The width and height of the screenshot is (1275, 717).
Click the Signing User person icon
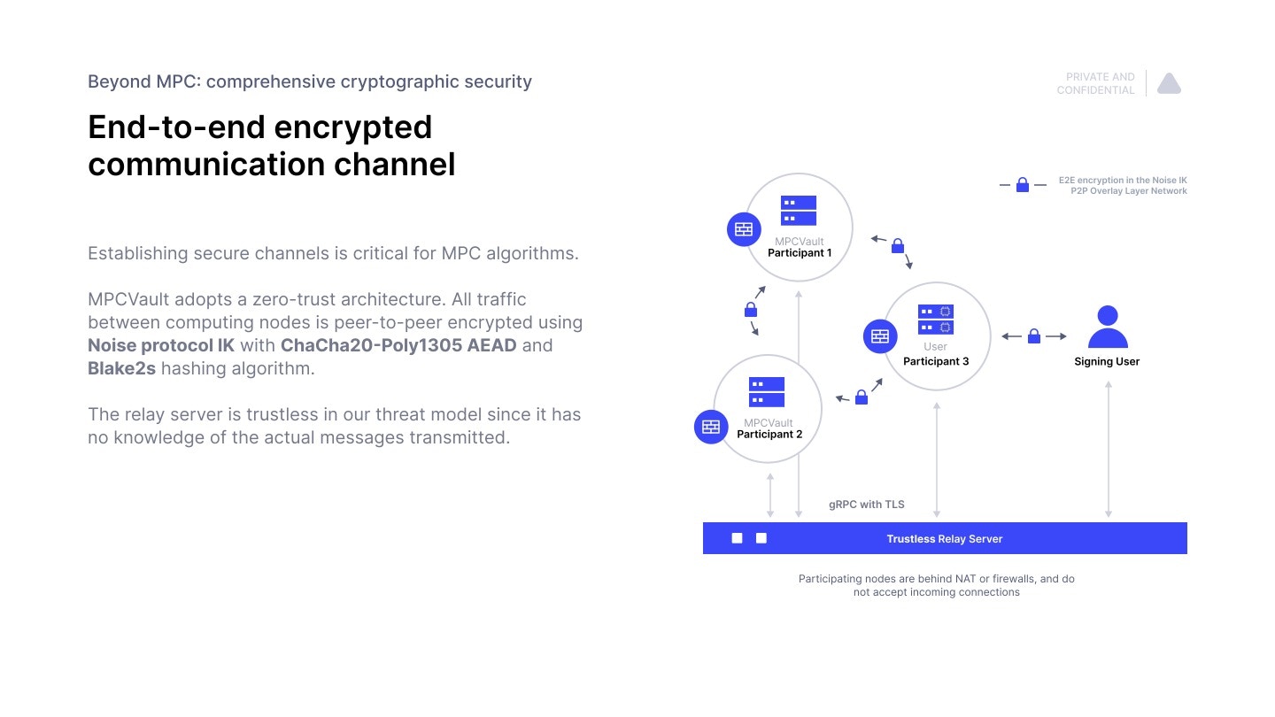tap(1107, 327)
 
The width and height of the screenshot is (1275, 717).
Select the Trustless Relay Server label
tap(944, 538)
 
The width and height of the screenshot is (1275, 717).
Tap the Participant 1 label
tap(799, 253)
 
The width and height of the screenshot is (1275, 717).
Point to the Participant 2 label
tap(769, 435)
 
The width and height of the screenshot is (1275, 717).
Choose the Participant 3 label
tap(935, 361)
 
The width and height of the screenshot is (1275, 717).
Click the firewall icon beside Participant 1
tap(744, 228)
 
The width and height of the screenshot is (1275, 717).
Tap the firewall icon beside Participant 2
tap(711, 427)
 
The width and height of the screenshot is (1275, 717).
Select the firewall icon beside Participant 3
tap(879, 336)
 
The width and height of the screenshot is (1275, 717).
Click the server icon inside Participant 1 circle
tap(799, 211)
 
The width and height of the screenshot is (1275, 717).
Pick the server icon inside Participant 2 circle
tap(767, 392)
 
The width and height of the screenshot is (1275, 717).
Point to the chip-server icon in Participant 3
tap(935, 320)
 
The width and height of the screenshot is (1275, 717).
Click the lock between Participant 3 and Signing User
tap(1033, 336)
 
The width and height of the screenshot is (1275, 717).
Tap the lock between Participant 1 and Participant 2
tap(751, 310)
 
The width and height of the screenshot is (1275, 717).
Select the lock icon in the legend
tap(1022, 185)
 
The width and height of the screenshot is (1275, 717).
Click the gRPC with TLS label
tap(866, 505)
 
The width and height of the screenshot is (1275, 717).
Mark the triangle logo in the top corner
tap(1169, 83)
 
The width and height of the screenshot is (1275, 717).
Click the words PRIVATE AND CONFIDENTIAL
tap(1096, 83)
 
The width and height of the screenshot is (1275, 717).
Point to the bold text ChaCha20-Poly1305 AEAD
tap(398, 345)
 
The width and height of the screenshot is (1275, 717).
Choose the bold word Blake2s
tap(121, 368)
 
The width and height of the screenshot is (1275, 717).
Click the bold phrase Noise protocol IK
tap(161, 345)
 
